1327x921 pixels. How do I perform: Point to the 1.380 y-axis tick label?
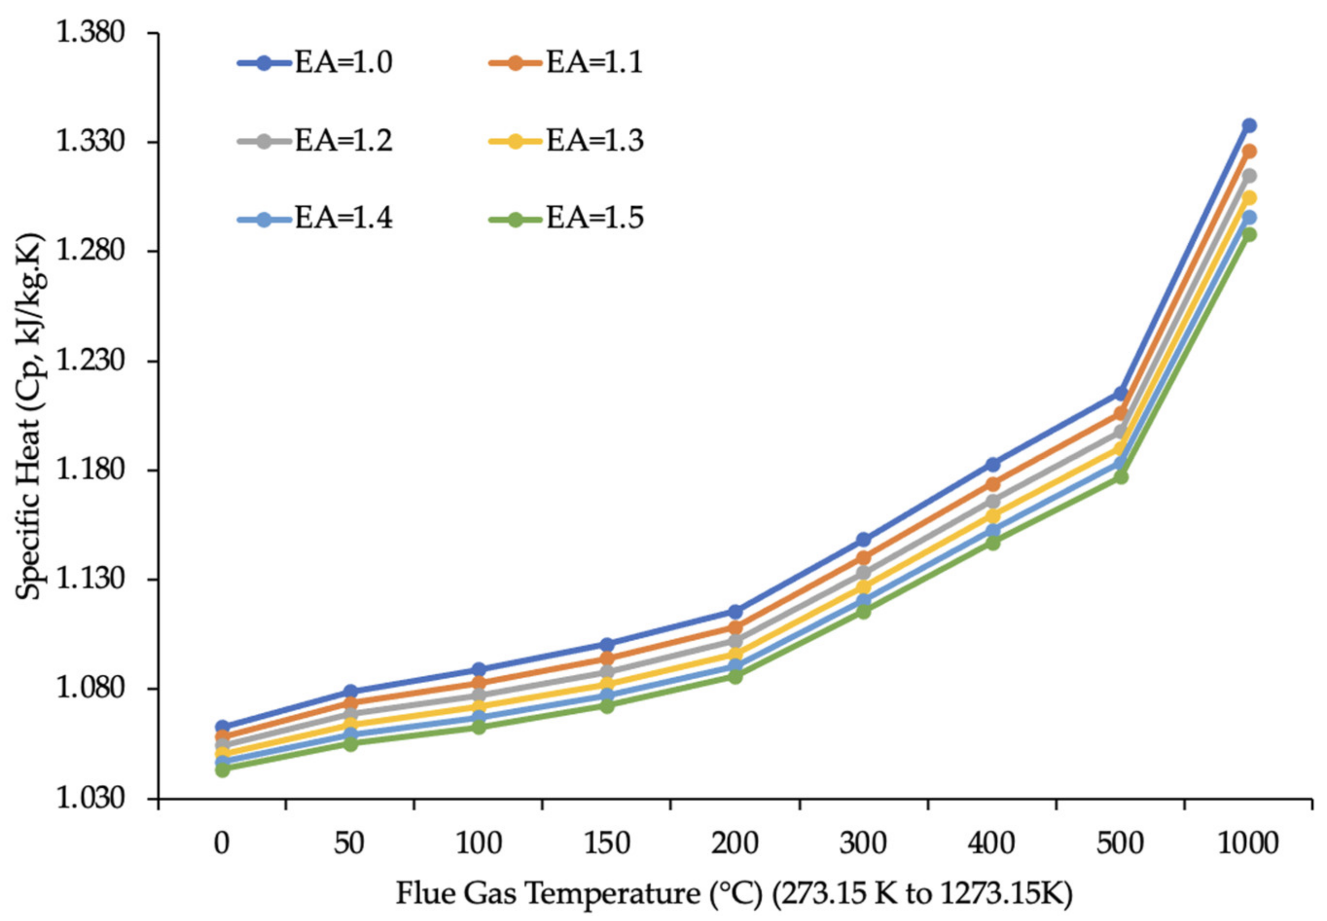[x=91, y=33]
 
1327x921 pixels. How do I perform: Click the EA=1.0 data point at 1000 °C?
[x=1249, y=125]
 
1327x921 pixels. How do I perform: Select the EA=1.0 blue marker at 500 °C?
[x=1120, y=394]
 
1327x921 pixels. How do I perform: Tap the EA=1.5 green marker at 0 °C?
[x=222, y=770]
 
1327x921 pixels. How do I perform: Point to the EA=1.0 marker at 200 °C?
[x=735, y=612]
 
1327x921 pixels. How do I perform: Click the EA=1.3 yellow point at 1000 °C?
[x=1249, y=198]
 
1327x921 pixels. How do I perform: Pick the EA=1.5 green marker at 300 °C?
[x=864, y=611]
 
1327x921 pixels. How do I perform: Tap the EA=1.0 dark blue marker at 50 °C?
[x=350, y=691]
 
